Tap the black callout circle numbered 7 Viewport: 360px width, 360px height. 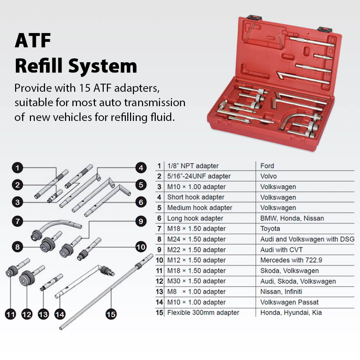pyautogui.click(x=17, y=221)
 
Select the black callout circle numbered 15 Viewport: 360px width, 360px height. pyautogui.click(x=111, y=314)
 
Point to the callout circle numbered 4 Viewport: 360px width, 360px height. pyautogui.click(x=140, y=168)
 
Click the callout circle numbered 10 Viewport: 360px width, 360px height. pyautogui.click(x=141, y=247)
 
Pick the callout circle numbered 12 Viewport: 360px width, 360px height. pyautogui.click(x=27, y=314)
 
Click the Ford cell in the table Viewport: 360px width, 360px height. pyautogui.click(x=267, y=166)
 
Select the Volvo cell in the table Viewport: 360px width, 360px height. pyautogui.click(x=268, y=176)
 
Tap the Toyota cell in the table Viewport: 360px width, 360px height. pyautogui.click(x=270, y=229)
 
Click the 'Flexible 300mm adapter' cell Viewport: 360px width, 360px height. pyautogui.click(x=203, y=313)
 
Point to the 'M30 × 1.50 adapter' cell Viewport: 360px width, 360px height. pyautogui.click(x=196, y=281)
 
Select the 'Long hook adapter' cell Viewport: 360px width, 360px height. pyautogui.click(x=195, y=218)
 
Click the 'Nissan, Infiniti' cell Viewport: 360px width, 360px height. pyautogui.click(x=281, y=292)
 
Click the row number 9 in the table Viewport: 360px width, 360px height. pyautogui.click(x=159, y=250)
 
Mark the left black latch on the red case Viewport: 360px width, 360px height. pyautogui.click(x=252, y=17)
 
